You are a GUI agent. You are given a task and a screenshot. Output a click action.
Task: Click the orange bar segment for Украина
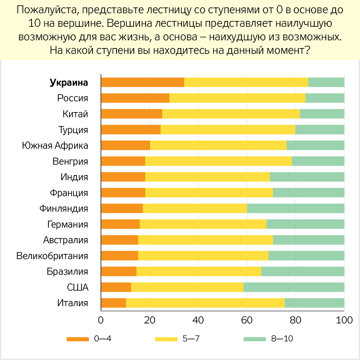(x=143, y=82)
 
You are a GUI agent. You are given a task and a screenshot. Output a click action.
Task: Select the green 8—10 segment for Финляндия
(x=296, y=208)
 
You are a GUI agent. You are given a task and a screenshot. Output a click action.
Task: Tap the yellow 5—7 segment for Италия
(x=205, y=303)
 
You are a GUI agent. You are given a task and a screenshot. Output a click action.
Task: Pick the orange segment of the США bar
(x=116, y=287)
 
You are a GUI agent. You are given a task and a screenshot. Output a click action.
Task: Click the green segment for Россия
(x=325, y=98)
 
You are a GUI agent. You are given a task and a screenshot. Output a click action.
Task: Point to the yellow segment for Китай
(x=231, y=114)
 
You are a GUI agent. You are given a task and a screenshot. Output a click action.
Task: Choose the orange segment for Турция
(x=131, y=130)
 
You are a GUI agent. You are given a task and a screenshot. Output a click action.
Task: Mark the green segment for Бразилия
(x=303, y=271)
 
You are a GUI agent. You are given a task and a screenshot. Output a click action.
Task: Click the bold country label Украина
(x=69, y=83)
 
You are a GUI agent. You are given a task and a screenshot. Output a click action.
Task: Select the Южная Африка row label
(x=55, y=146)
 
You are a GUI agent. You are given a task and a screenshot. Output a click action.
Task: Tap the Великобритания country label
(x=52, y=256)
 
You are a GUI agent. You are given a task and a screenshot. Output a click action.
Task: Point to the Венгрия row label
(x=70, y=161)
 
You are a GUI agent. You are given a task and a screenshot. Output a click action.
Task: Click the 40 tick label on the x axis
(x=198, y=320)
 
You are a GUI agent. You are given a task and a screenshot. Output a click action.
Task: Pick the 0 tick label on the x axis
(x=101, y=320)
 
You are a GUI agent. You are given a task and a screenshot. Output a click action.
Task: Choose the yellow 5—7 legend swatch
(x=166, y=339)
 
